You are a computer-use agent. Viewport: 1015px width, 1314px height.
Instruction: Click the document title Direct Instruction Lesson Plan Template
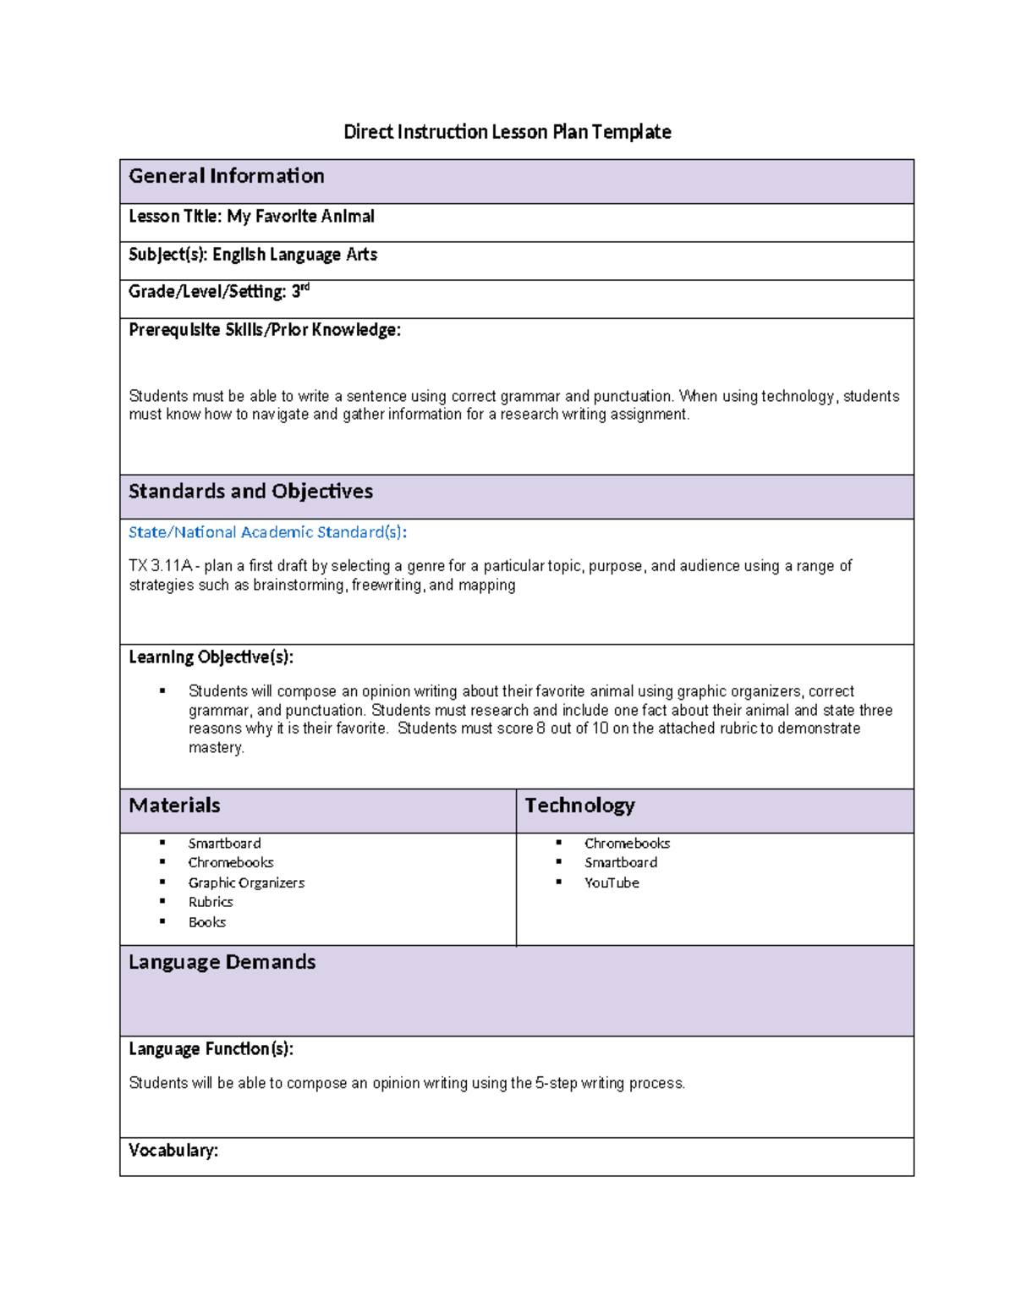[507, 132]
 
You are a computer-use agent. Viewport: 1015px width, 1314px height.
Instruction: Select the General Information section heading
[227, 176]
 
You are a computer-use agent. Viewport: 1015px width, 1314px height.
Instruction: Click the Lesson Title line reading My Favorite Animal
[251, 217]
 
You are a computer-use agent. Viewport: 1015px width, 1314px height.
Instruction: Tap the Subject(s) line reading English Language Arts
[252, 255]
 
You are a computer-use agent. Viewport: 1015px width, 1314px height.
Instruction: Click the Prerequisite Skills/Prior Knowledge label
[264, 330]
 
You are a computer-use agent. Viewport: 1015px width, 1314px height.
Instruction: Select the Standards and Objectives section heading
[250, 492]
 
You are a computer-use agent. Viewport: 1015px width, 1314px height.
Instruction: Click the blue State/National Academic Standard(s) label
[267, 532]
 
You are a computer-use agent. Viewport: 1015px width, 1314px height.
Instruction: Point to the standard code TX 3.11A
[161, 566]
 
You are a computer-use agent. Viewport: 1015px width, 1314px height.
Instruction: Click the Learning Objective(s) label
[211, 657]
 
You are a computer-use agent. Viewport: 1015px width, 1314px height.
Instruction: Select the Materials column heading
[174, 805]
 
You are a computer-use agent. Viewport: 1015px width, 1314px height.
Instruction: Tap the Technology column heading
[579, 805]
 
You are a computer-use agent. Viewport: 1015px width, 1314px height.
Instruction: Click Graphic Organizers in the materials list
[246, 882]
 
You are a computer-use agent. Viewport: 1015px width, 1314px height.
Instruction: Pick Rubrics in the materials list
[211, 902]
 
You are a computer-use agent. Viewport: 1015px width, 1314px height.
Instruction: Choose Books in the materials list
[207, 922]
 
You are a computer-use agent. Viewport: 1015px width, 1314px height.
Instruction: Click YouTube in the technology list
[612, 882]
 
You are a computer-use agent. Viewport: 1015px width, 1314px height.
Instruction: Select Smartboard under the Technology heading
[621, 862]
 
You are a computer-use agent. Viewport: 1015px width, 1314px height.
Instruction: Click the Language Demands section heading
[222, 962]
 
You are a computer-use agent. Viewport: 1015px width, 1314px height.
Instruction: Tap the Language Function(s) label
[211, 1049]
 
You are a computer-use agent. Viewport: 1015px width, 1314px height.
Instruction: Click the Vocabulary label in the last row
[173, 1151]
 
